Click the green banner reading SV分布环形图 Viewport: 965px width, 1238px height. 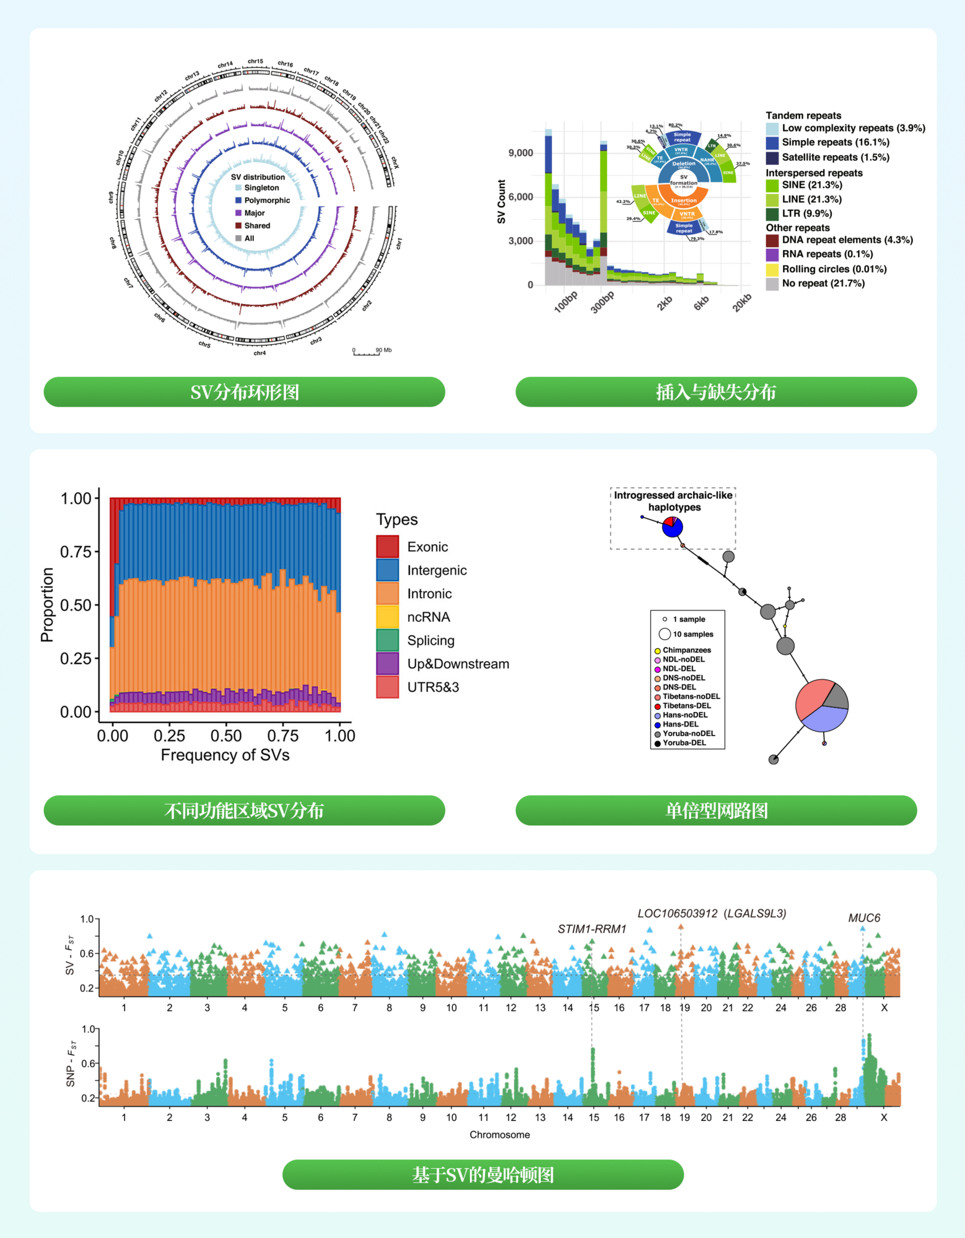click(244, 392)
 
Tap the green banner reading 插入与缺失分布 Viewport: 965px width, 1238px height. click(715, 392)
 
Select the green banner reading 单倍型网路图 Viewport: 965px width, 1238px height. click(715, 810)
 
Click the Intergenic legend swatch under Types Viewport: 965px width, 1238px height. click(387, 570)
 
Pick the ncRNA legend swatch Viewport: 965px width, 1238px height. click(387, 617)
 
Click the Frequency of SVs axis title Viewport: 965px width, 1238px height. click(225, 755)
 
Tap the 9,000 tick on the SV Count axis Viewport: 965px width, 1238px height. click(520, 153)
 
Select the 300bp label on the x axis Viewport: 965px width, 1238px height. click(602, 302)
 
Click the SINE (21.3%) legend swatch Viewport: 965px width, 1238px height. click(772, 185)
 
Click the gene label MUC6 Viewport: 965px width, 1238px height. click(864, 918)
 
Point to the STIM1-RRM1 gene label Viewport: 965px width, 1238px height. click(592, 929)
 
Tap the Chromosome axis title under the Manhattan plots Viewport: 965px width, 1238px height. click(499, 1135)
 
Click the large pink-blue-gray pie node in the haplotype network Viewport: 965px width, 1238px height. click(821, 706)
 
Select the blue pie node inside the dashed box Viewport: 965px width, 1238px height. click(672, 527)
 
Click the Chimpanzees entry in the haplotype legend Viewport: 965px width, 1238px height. click(686, 650)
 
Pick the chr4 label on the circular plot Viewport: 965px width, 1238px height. click(260, 353)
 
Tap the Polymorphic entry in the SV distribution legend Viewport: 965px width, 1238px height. click(266, 201)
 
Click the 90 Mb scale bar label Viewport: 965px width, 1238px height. click(383, 350)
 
